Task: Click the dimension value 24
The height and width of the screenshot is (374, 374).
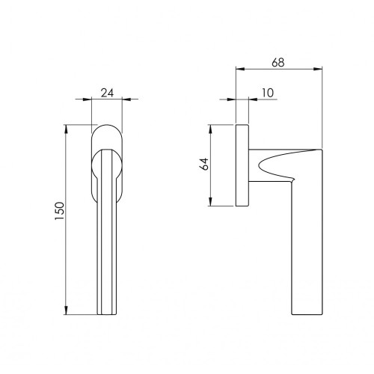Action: [x=107, y=93]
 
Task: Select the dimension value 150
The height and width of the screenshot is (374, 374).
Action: [x=60, y=211]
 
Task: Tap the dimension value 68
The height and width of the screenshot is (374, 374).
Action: [x=278, y=63]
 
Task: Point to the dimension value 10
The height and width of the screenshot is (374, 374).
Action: [x=268, y=93]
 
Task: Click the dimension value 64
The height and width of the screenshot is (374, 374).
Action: [x=204, y=164]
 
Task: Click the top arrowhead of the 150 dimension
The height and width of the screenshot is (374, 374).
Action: [x=66, y=129]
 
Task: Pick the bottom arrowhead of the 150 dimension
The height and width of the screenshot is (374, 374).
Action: [x=66, y=310]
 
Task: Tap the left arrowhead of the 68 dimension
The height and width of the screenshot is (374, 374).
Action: [x=240, y=69]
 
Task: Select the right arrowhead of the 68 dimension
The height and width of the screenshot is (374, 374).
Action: [x=318, y=69]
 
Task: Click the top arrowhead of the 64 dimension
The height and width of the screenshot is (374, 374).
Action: [x=211, y=129]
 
